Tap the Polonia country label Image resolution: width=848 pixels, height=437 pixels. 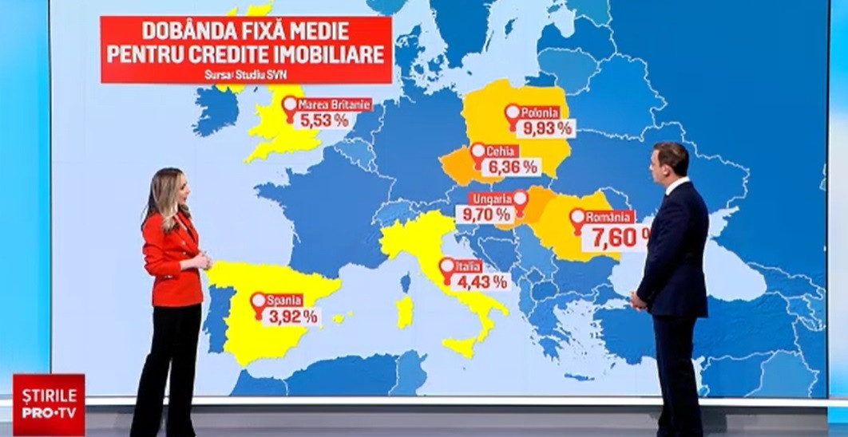tap(542, 112)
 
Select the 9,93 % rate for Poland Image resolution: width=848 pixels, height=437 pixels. tap(547, 128)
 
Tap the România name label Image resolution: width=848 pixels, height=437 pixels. tap(609, 216)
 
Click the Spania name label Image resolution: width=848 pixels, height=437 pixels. tap(284, 301)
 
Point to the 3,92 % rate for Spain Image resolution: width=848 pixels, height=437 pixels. tap(292, 316)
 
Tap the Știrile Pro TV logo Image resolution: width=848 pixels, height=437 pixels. tap(49, 404)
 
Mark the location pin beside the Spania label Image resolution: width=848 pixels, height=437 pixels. tap(258, 302)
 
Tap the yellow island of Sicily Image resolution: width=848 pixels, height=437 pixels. tap(462, 346)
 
